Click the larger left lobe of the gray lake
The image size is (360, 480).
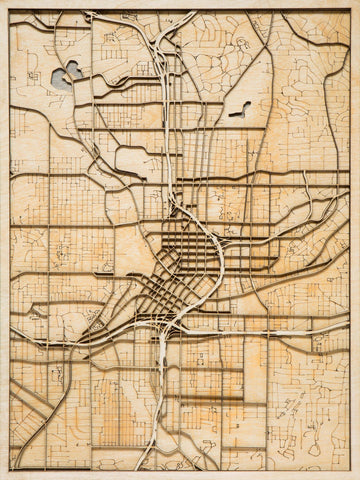pyautogui.click(x=71, y=72)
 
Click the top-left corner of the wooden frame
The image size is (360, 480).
pyautogui.click(x=2, y=2)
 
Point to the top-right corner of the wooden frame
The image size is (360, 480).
pyautogui.click(x=357, y=2)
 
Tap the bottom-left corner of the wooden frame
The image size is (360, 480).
pyautogui.click(x=2, y=477)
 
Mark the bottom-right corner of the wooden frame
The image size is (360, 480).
pyautogui.click(x=357, y=477)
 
